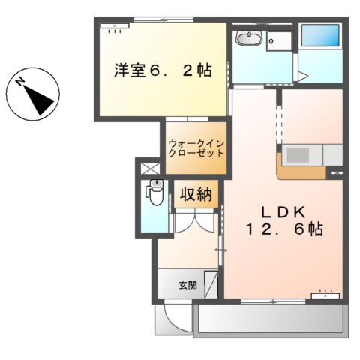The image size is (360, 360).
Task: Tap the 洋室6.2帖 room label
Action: coord(162,71)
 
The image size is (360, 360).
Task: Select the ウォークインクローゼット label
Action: coord(196,147)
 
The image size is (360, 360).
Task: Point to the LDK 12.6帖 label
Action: coord(281,220)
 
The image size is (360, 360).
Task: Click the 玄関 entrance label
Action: coord(187,285)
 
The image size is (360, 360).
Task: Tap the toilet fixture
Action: coord(155,195)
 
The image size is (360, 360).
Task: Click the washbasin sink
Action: coord(247,38)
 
